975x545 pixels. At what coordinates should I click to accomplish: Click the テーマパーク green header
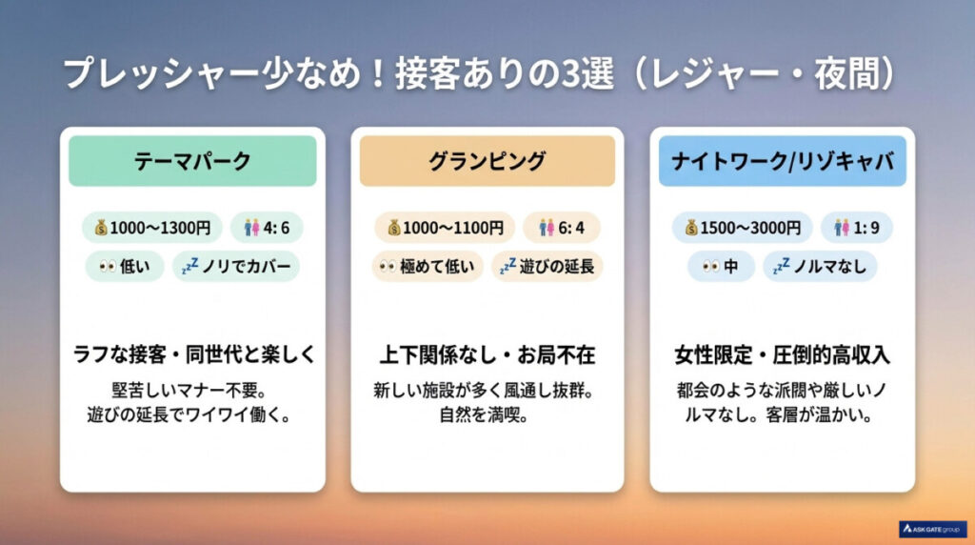pyautogui.click(x=192, y=160)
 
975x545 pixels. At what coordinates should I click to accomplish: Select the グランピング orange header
pyautogui.click(x=487, y=160)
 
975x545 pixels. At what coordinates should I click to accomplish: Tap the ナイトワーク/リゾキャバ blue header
pyautogui.click(x=782, y=160)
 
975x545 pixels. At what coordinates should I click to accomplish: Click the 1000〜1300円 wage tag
pyautogui.click(x=153, y=228)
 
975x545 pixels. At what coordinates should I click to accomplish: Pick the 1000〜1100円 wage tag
pyautogui.click(x=446, y=228)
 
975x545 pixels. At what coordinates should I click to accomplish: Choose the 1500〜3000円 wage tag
pyautogui.click(x=742, y=228)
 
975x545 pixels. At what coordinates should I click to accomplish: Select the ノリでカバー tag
pyautogui.click(x=235, y=267)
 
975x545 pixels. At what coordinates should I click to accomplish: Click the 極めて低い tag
pyautogui.click(x=428, y=267)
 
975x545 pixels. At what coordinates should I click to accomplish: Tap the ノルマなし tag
pyautogui.click(x=820, y=267)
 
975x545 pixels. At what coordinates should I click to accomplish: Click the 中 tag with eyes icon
pyautogui.click(x=721, y=267)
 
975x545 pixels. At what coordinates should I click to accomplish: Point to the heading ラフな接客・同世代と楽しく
pyautogui.click(x=193, y=354)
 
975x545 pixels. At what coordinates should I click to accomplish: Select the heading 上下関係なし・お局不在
pyautogui.click(x=487, y=354)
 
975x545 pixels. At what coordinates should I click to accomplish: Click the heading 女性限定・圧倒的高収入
pyautogui.click(x=782, y=354)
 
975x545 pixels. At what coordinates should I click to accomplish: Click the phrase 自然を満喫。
pyautogui.click(x=487, y=415)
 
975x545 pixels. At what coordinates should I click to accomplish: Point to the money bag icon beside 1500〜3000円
pyautogui.click(x=691, y=228)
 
